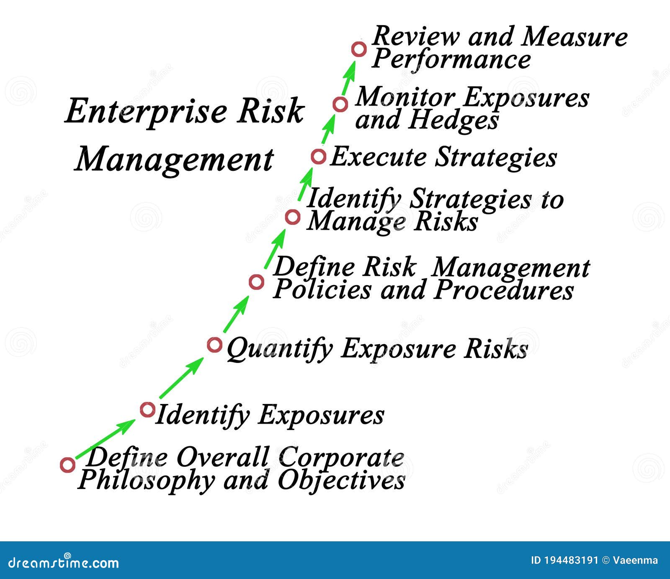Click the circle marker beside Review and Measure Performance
point(359,49)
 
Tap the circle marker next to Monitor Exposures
point(340,104)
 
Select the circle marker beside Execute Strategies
point(318,157)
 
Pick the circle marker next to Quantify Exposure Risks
point(214,345)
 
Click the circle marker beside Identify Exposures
point(147,409)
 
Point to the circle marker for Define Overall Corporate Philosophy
point(67,465)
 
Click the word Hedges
point(454,121)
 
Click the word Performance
point(451,60)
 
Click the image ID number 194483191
point(570,560)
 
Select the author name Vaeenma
point(635,560)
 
